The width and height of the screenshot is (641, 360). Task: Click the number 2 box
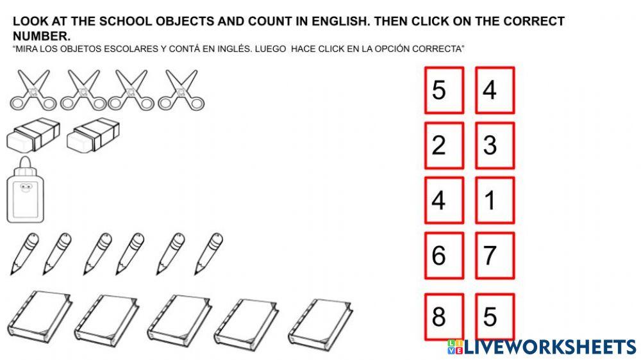[x=444, y=145]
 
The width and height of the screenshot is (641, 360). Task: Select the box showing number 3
[x=495, y=145]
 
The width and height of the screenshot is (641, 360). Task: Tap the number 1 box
[x=495, y=200]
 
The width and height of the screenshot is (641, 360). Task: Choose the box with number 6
[x=444, y=256]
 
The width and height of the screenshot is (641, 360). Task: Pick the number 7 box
[x=495, y=256]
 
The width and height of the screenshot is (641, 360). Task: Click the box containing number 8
[x=444, y=316]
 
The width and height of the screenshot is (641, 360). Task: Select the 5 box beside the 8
[x=495, y=316]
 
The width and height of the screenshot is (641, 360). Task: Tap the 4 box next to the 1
[x=444, y=200]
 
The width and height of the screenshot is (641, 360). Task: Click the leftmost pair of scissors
[x=31, y=90]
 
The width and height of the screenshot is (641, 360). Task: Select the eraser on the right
[x=94, y=135]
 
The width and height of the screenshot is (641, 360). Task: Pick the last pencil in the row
[x=208, y=254]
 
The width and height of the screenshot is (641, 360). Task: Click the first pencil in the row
[x=24, y=254]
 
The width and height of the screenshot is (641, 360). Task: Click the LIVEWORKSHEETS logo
[x=541, y=347]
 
